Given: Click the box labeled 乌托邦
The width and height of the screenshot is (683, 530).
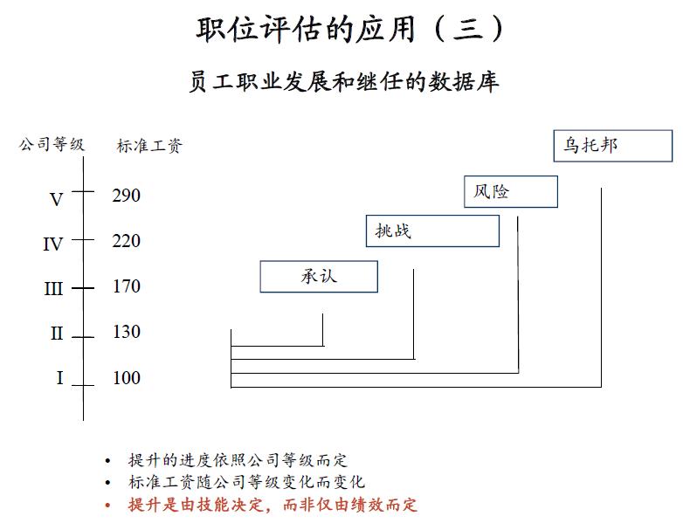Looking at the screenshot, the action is [613, 146].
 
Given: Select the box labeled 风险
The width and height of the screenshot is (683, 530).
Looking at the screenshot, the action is [510, 191].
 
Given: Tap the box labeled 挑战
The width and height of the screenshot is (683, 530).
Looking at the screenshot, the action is [432, 231].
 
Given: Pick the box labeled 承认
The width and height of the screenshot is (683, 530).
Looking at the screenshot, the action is [319, 277].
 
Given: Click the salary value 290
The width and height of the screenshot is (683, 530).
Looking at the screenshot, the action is [126, 196].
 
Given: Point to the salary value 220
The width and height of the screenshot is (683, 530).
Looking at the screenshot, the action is [126, 241].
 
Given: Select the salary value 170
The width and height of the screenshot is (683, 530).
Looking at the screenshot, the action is [126, 286].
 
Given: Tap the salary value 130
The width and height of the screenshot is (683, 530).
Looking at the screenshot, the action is [126, 332].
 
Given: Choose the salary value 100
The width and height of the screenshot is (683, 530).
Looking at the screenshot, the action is [126, 378].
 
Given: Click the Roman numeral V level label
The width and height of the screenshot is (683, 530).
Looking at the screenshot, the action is [57, 200].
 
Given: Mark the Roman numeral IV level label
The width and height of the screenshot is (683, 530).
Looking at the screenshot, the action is [53, 244].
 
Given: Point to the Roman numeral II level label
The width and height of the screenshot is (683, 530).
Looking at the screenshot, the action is [57, 334].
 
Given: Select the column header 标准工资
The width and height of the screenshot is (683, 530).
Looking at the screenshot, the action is [148, 146].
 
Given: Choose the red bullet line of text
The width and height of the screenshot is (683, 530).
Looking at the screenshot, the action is [272, 505].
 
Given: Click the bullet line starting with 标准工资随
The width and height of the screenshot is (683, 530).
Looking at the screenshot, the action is [245, 483].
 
